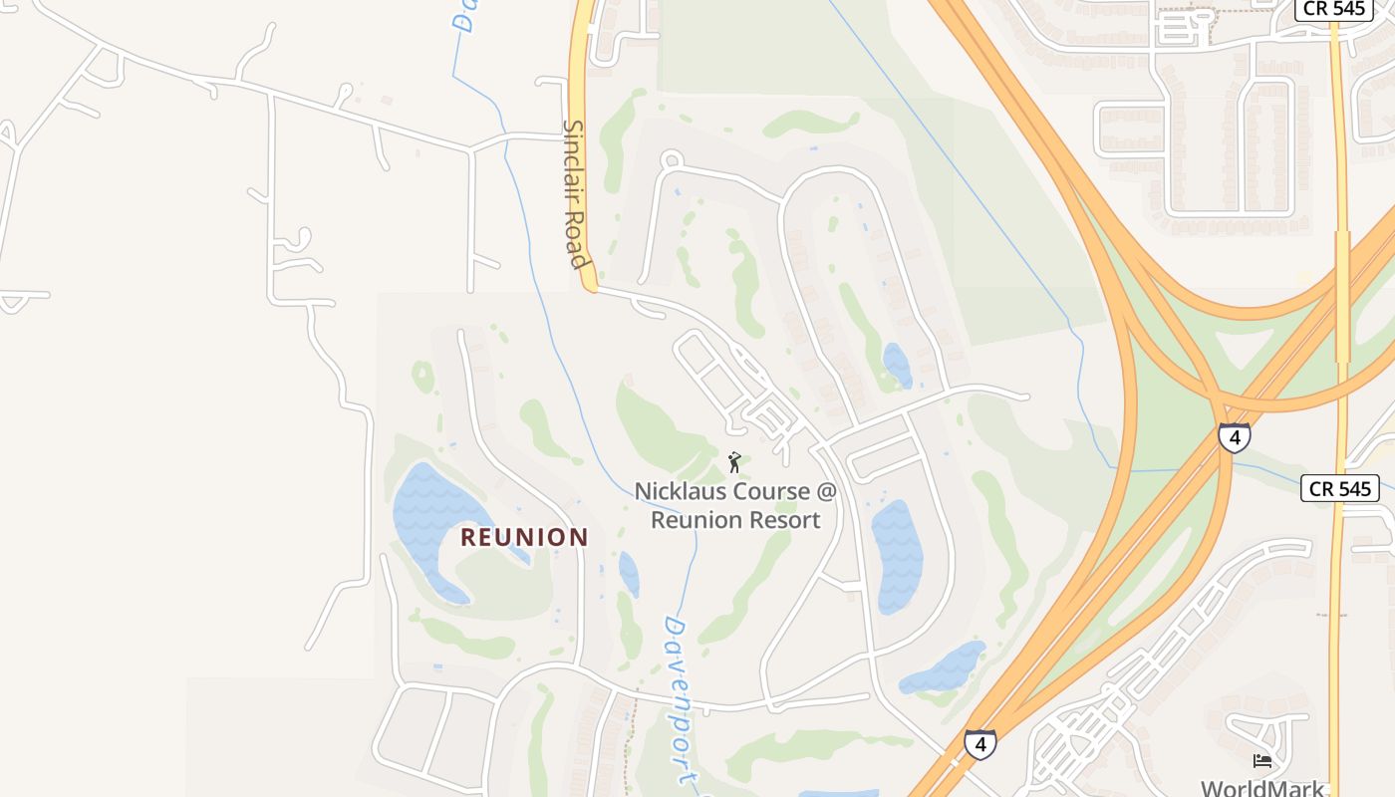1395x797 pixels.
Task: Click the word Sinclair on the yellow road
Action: pos(576,162)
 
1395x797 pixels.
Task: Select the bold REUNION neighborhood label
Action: pos(524,538)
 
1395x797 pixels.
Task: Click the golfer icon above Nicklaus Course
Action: pos(734,462)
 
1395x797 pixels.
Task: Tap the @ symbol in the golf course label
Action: pos(826,491)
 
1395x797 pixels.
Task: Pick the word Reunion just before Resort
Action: pos(697,519)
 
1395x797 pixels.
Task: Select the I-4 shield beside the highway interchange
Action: pos(1234,437)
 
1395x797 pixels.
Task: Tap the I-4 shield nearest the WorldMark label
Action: pos(979,743)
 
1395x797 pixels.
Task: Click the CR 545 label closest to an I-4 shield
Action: pos(1339,488)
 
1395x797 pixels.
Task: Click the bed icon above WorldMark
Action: pos(1262,761)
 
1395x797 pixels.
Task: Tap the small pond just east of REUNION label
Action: pos(629,574)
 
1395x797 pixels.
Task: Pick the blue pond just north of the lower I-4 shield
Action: pos(944,667)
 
